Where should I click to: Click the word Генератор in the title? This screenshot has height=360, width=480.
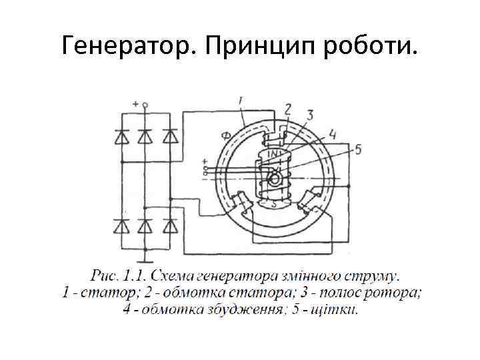126,45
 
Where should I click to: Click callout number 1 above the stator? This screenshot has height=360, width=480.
240,100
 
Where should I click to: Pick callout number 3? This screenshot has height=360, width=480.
309,116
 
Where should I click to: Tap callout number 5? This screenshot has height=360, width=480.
357,149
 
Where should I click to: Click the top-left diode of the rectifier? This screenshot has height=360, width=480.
121,137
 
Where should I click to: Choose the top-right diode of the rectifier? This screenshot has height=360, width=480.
171,137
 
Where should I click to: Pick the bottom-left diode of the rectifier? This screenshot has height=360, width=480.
121,227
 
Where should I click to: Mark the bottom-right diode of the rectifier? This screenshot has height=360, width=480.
171,227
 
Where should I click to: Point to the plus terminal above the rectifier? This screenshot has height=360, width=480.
145,105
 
